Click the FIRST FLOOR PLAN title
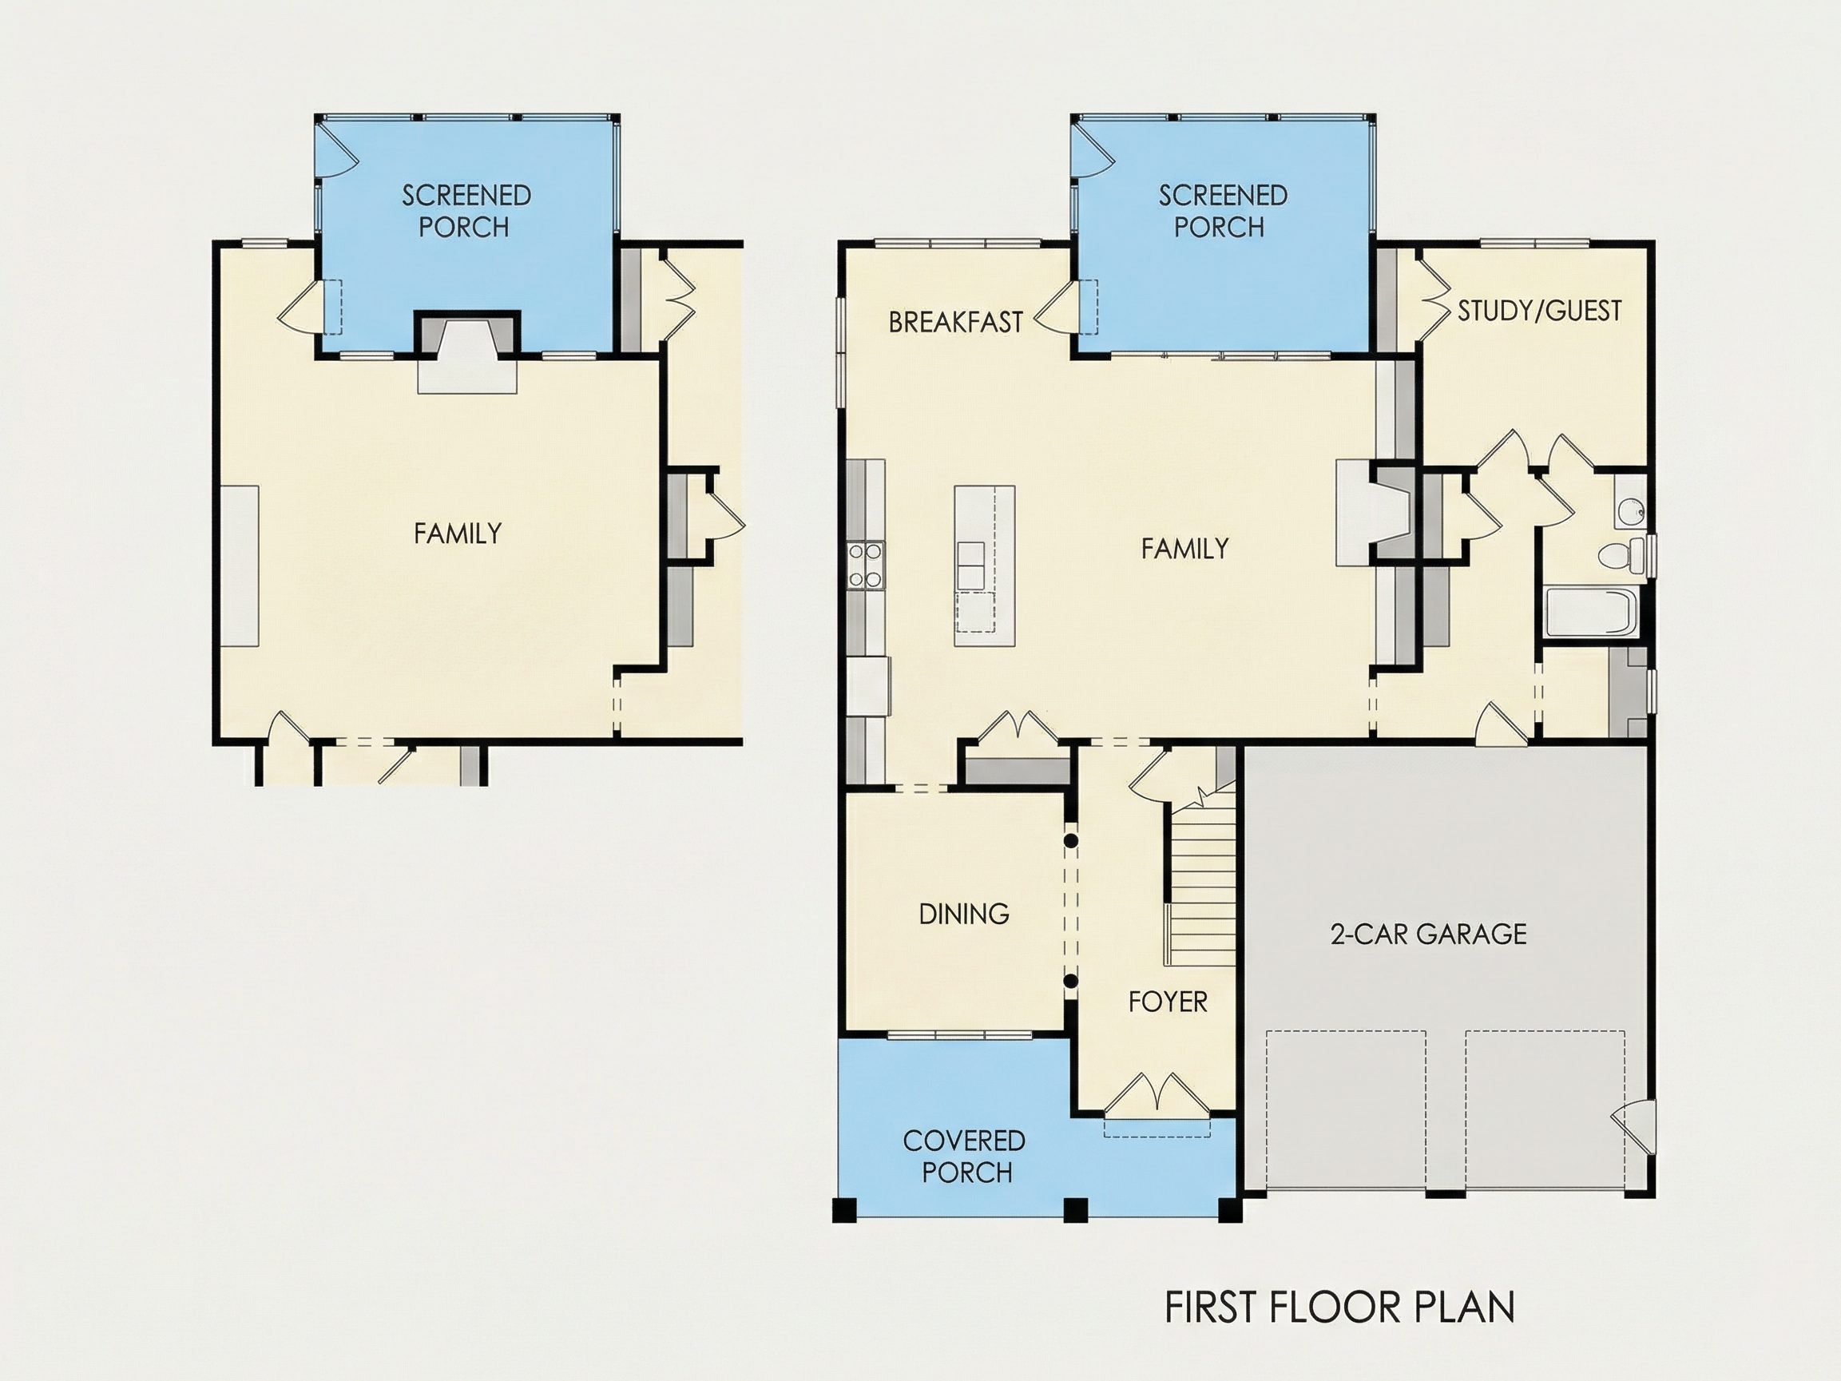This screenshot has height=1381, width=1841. [x=1339, y=1308]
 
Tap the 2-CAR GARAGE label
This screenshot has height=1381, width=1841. [x=1428, y=934]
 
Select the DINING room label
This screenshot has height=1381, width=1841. [x=964, y=914]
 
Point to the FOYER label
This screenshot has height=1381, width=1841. [x=1168, y=1002]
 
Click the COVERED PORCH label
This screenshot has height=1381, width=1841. [x=966, y=1157]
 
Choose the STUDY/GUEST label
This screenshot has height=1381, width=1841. [x=1540, y=311]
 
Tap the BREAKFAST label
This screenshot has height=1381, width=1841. [x=955, y=322]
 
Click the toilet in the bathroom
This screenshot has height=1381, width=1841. [x=1623, y=555]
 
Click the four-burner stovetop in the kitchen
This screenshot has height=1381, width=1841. [x=866, y=565]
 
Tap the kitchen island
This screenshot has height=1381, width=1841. [x=985, y=566]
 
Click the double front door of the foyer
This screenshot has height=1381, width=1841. [x=1157, y=1093]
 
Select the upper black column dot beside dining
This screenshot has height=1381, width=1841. [x=1071, y=841]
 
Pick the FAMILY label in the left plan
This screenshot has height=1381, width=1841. [x=458, y=533]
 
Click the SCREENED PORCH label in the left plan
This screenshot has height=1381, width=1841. [x=466, y=211]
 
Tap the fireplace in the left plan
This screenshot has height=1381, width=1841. [x=467, y=351]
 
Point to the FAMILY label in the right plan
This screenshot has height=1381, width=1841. [x=1184, y=549]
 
